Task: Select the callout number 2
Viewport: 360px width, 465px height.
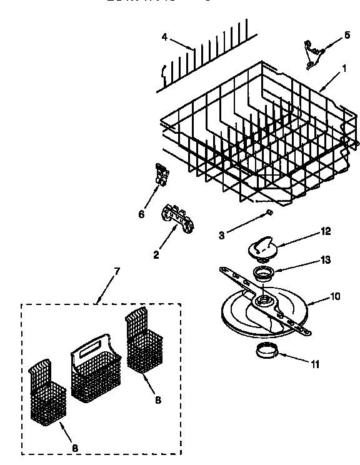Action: (156, 254)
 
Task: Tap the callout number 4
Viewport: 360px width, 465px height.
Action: (164, 37)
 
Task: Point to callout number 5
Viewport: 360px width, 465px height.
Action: (347, 36)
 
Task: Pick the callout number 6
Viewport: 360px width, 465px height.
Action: (142, 214)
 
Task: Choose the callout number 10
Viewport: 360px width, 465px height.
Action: (335, 296)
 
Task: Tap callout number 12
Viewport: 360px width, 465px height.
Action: (326, 231)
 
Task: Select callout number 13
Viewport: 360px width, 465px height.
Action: (326, 259)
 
